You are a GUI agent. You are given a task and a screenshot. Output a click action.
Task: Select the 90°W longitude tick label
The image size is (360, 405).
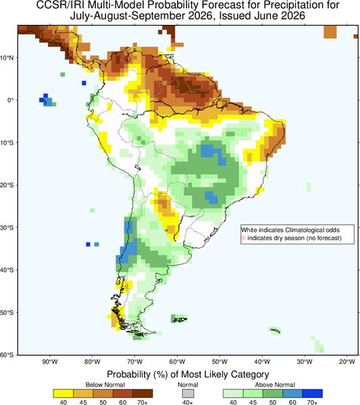(x=50, y=362)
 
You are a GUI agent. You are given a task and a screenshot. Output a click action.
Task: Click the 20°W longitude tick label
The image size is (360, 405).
(x=347, y=362)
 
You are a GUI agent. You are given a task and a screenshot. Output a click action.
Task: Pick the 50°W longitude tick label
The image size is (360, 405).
(x=220, y=362)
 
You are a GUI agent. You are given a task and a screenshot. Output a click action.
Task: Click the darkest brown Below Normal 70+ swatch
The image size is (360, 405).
(x=143, y=394)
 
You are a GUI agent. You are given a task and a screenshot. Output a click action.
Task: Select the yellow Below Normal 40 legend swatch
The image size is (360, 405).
(x=63, y=394)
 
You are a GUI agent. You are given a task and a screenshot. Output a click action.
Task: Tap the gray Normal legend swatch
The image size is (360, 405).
(x=188, y=394)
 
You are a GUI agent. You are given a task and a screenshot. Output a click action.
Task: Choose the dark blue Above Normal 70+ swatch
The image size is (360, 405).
(x=313, y=394)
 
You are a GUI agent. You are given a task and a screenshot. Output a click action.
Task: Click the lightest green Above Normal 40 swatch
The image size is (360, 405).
(x=233, y=394)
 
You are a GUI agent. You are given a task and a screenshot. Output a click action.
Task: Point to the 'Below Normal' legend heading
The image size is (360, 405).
(x=105, y=385)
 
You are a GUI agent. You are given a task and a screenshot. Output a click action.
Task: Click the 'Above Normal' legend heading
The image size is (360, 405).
(x=275, y=385)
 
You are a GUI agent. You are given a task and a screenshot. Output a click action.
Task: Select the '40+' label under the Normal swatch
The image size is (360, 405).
(x=188, y=402)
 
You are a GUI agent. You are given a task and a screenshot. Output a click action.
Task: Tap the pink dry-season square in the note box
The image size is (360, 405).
(x=243, y=238)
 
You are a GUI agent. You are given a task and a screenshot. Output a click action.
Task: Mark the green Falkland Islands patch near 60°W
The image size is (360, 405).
(x=179, y=319)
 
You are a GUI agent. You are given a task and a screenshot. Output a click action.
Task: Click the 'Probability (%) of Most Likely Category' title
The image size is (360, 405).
(x=188, y=374)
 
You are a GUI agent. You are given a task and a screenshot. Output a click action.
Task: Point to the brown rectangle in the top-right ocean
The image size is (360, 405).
(x=330, y=32)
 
